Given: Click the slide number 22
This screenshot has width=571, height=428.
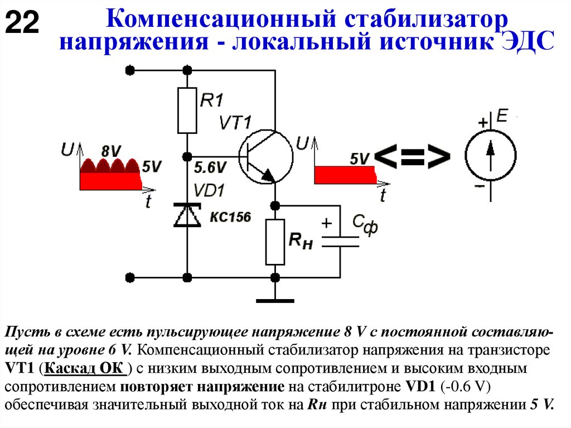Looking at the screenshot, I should [22, 24].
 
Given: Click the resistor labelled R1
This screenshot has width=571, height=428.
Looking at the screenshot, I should [187, 110].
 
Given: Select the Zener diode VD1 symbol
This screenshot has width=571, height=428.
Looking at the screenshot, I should [187, 215].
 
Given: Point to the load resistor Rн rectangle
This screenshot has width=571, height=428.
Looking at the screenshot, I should [275, 242].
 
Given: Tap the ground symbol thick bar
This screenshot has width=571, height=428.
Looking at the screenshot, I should [275, 301].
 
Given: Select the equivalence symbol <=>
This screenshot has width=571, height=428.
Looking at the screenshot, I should [413, 158].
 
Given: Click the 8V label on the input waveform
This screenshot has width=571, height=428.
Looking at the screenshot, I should [112, 151].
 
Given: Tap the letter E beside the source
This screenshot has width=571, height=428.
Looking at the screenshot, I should [502, 117].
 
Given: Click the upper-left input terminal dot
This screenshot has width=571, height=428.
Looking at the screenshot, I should [130, 70].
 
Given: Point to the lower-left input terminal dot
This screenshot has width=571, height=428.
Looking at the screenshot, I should [130, 277].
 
